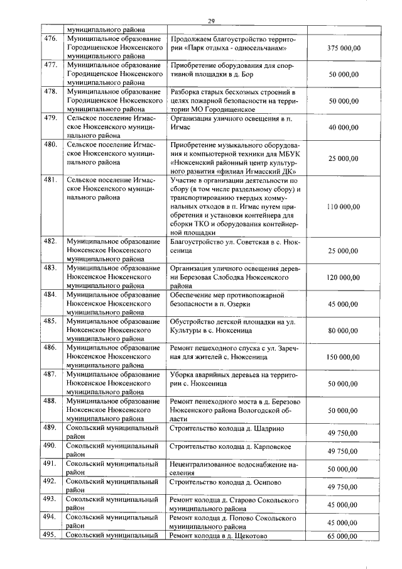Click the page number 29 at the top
point(211,21)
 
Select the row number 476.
point(50,39)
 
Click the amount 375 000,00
point(344,48)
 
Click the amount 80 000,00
point(344,330)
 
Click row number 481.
point(50,180)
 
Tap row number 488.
point(50,401)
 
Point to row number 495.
point(50,536)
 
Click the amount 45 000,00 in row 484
point(344,304)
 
